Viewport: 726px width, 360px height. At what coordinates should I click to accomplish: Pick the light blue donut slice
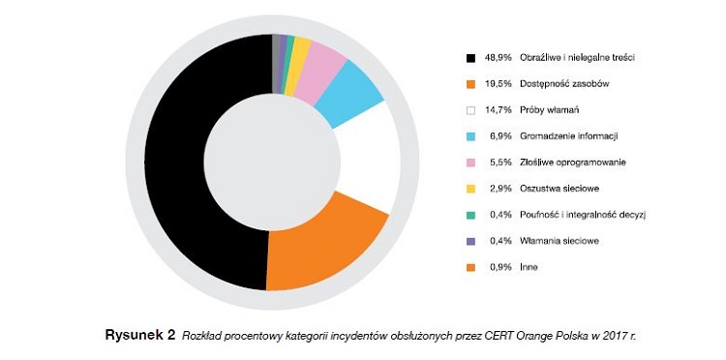coord(348,92)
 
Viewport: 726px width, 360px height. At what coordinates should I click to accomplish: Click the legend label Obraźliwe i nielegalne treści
coord(577,58)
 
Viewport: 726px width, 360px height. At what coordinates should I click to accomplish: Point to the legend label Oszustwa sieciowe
coord(557,189)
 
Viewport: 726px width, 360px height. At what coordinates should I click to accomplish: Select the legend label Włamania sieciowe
coord(558,240)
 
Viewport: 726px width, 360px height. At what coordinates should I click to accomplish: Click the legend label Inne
coord(529,266)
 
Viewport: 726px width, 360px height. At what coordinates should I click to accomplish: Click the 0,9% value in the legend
coord(499,266)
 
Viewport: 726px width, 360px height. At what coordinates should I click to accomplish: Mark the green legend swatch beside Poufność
coord(470,215)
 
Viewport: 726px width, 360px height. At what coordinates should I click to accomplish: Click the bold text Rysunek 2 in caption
coord(139,336)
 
